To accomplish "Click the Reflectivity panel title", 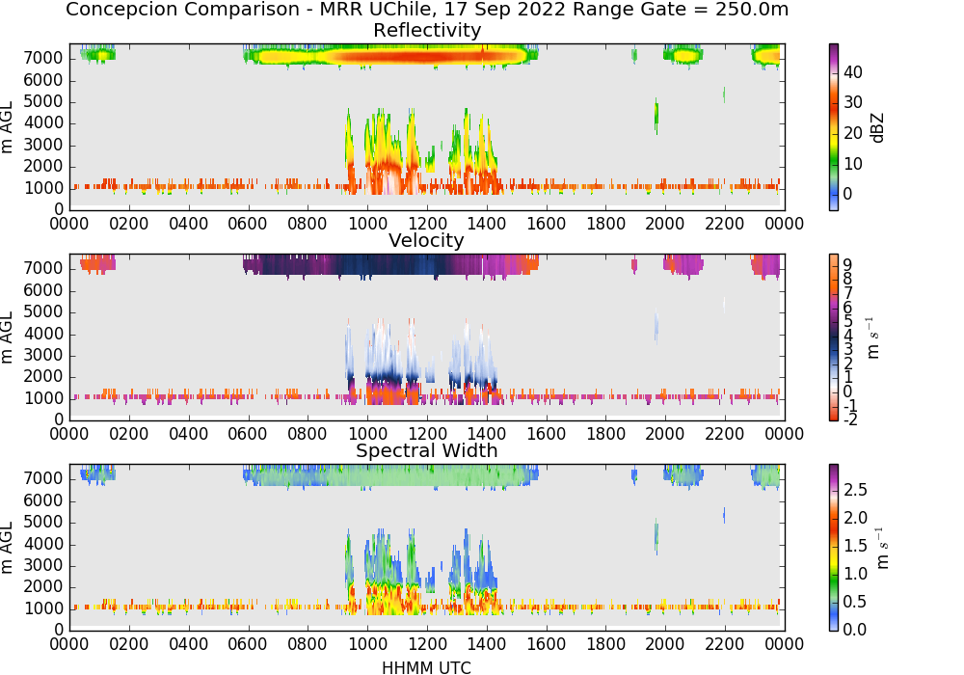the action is click(x=427, y=30).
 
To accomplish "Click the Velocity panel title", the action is click(x=426, y=240).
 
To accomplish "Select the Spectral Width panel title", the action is click(x=427, y=450).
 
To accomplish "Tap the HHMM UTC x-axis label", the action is click(x=426, y=667).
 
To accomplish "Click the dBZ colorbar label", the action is click(x=877, y=128).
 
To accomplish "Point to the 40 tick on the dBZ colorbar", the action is click(x=853, y=72).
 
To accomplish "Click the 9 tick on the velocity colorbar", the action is click(x=847, y=264).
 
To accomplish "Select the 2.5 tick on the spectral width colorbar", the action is click(x=855, y=490).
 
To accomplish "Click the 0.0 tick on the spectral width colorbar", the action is click(x=855, y=630).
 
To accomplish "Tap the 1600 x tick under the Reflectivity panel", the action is click(x=547, y=224).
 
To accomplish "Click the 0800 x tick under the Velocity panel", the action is click(x=308, y=434).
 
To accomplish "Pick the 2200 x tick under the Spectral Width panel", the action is click(x=725, y=644).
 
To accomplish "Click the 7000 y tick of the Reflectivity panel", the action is click(x=43, y=59).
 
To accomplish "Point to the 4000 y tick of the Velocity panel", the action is click(x=43, y=334).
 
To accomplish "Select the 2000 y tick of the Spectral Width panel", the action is click(x=43, y=587).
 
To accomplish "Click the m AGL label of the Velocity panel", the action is click(x=8, y=337).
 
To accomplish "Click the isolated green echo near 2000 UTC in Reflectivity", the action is click(x=656, y=115).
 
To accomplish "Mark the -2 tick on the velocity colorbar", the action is click(x=850, y=419).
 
